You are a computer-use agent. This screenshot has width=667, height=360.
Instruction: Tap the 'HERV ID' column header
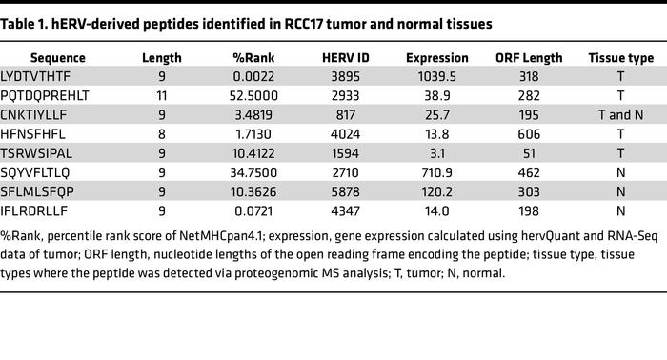coord(339,58)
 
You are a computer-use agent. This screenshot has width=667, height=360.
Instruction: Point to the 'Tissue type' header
coord(620,58)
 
